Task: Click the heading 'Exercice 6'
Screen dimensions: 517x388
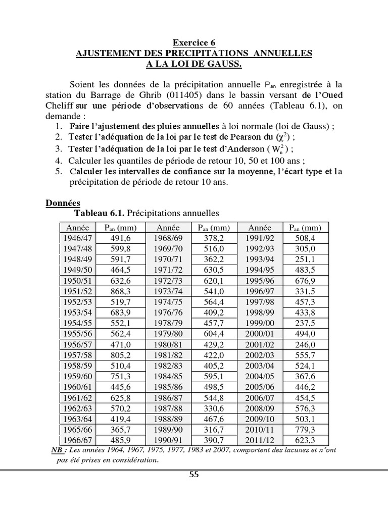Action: [194, 43]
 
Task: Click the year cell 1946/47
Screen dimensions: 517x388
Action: [77, 237]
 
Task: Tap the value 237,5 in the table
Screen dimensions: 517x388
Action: [305, 323]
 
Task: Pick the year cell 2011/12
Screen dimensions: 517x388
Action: [261, 439]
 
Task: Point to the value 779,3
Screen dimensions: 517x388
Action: [305, 430]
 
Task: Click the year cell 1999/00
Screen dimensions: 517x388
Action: [261, 323]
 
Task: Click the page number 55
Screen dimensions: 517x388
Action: [193, 474]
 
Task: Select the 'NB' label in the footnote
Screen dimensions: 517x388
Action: [58, 450]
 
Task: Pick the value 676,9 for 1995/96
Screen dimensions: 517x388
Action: [305, 280]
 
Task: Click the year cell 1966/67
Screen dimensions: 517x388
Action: [77, 439]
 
